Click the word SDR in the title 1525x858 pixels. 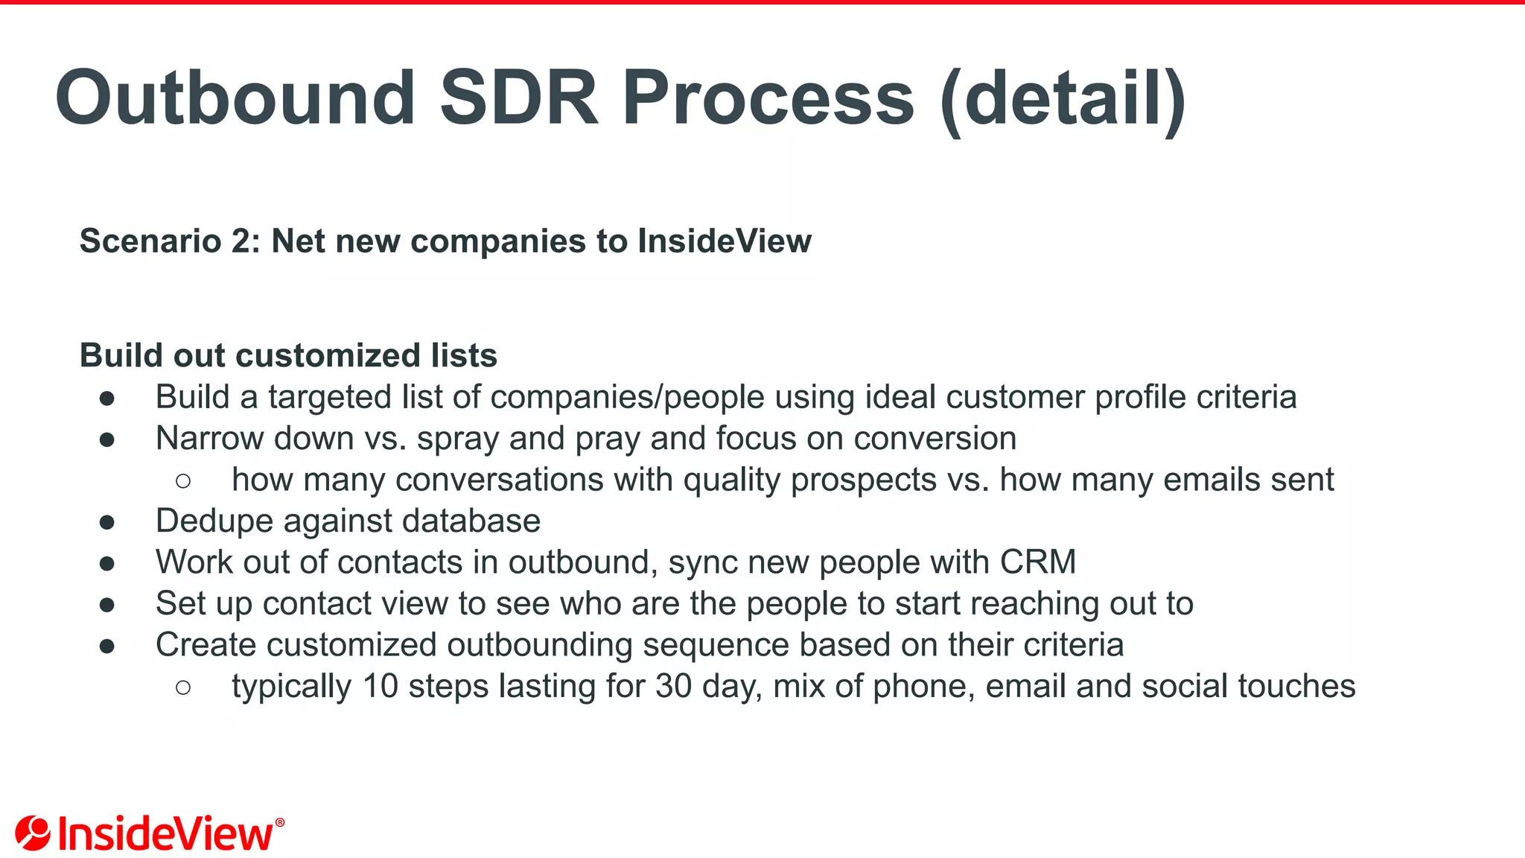pos(519,98)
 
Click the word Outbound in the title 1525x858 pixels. pos(235,98)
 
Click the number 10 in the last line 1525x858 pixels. pos(381,686)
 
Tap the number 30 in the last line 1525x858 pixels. pos(673,686)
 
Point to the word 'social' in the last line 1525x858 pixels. pos(1185,686)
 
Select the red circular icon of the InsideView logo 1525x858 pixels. pos(33,833)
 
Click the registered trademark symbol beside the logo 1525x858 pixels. pos(280,822)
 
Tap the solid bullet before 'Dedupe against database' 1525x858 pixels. pos(107,522)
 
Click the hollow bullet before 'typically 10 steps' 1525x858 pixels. pos(183,687)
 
